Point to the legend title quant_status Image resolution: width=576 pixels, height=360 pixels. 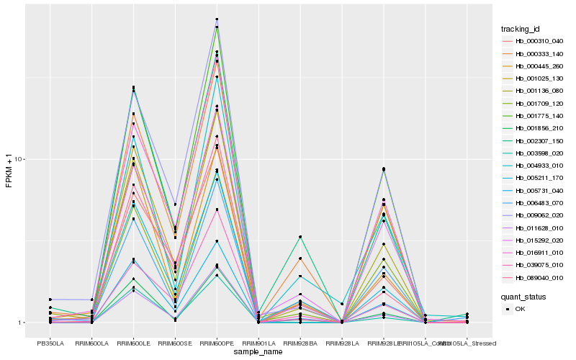(523, 295)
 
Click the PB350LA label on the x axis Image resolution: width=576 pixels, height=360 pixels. (50, 343)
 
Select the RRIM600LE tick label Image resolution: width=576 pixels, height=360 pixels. (134, 343)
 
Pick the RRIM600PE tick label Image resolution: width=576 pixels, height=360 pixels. (217, 343)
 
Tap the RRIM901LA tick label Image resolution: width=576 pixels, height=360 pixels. (258, 343)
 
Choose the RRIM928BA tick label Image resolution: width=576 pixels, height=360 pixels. (300, 343)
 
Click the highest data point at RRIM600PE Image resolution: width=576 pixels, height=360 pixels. (217, 19)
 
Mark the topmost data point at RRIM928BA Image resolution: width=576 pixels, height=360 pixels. (300, 237)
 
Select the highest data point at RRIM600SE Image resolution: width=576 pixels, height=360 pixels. (175, 204)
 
